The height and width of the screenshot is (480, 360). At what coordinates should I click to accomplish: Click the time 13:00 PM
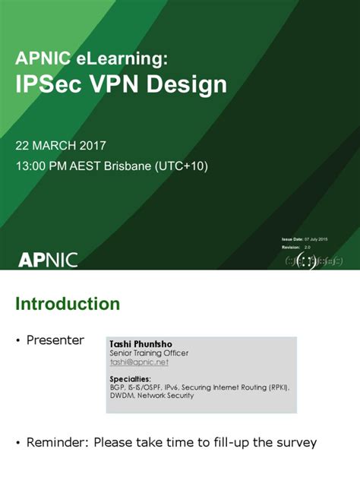point(46,166)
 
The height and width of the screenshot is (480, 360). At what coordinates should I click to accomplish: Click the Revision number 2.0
point(308,247)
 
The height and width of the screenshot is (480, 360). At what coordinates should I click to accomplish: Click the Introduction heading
point(68,304)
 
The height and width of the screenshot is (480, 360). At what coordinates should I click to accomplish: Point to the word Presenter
point(55,340)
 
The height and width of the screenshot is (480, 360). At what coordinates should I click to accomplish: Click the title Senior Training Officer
point(149,353)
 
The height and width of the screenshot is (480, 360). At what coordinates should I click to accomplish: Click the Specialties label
point(130,378)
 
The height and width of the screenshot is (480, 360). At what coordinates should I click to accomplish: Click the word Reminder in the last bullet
point(56,443)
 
